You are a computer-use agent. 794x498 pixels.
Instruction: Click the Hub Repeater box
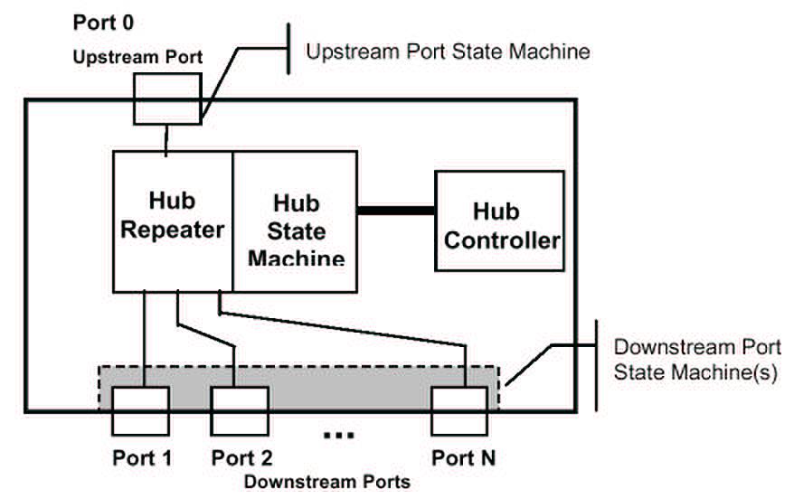172,221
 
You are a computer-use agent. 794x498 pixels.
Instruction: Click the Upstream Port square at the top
167,99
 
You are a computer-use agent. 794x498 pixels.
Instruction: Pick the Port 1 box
140,411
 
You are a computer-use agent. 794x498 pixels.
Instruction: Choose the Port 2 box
239,411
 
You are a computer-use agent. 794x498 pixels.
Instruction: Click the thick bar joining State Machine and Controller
396,211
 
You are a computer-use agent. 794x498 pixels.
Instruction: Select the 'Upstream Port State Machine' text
448,52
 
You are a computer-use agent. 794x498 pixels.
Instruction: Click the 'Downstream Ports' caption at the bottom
326,482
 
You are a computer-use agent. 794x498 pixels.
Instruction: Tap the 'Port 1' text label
142,458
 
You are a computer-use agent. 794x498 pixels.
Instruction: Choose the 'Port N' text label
463,458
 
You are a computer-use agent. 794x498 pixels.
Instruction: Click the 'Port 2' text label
242,458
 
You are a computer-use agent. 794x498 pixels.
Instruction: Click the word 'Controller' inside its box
503,241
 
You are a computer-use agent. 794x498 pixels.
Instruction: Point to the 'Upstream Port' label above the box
138,56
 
